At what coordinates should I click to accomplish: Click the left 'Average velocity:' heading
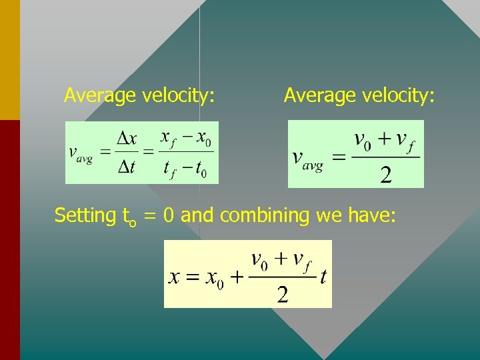(139, 96)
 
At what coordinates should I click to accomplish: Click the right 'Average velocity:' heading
(359, 96)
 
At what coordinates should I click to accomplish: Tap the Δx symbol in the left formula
(127, 139)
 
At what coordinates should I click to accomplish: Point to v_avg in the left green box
(81, 154)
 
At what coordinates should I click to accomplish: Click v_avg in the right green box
(308, 159)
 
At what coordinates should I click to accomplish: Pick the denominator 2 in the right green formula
(386, 175)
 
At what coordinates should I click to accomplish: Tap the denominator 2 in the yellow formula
(282, 294)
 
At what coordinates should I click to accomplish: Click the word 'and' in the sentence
(197, 215)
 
